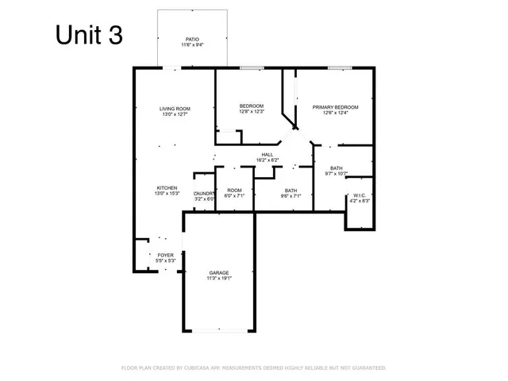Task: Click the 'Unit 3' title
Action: point(89,36)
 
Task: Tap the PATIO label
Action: point(191,38)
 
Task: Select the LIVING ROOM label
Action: point(175,109)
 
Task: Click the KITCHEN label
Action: point(167,187)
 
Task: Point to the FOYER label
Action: point(165,255)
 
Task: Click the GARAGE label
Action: point(219,273)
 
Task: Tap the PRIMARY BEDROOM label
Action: point(335,106)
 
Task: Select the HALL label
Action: point(267,155)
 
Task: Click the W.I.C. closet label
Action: point(359,195)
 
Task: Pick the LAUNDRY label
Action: point(204,194)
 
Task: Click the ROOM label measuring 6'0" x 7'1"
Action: point(234,190)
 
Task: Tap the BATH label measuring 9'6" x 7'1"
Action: point(291,190)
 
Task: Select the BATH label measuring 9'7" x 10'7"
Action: point(337,168)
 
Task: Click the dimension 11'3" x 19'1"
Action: point(219,279)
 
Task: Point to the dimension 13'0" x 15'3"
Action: point(167,193)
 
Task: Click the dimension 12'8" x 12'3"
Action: point(252,112)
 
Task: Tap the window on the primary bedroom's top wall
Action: point(340,69)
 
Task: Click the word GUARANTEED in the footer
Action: point(367,368)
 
